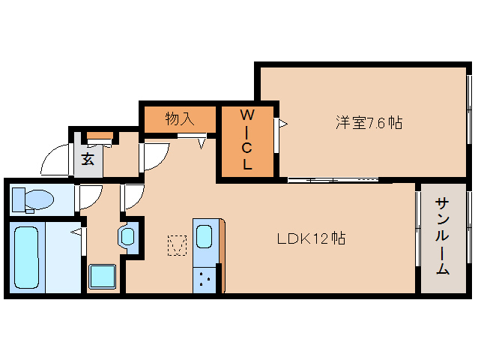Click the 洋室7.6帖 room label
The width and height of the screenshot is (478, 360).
(x=369, y=123)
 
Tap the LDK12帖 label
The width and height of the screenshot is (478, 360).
(x=311, y=238)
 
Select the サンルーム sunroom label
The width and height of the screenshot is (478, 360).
(x=442, y=236)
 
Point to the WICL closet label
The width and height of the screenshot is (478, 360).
(x=247, y=139)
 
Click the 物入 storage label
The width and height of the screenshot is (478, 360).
(x=180, y=118)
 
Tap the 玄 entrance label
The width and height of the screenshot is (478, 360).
(x=88, y=159)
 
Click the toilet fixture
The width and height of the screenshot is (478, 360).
(x=33, y=200)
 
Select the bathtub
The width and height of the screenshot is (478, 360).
(x=27, y=257)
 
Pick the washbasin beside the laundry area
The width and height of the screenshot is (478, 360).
(x=127, y=236)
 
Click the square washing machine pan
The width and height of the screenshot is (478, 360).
(x=103, y=277)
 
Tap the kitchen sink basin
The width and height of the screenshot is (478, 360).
(x=204, y=236)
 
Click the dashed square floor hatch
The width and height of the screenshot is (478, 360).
(x=177, y=245)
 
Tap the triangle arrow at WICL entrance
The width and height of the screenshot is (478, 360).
(x=283, y=124)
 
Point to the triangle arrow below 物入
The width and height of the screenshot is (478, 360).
(x=202, y=144)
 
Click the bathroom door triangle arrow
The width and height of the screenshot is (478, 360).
(x=76, y=232)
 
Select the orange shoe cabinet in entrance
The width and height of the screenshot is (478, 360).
(x=100, y=136)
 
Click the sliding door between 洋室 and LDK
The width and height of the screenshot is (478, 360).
(x=333, y=180)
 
